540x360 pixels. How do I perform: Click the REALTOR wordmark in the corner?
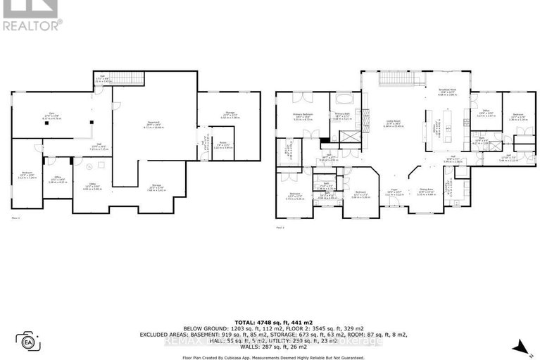click(x=32, y=26)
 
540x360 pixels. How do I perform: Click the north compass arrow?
click(x=519, y=345)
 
